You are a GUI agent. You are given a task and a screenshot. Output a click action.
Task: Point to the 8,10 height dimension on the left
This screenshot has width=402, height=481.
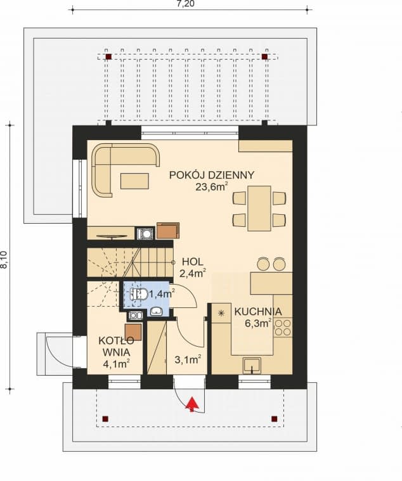click(4, 260)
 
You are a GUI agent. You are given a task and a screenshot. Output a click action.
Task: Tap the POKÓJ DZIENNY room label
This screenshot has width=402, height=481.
click(211, 175)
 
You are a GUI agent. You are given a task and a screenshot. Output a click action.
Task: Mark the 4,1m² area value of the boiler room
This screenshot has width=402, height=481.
click(116, 364)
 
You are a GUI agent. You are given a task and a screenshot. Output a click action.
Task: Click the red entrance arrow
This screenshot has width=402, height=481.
click(191, 404)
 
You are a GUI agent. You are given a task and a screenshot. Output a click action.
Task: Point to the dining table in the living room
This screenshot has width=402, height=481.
click(259, 208)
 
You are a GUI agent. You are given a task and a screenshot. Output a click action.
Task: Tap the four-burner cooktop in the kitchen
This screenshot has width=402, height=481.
click(282, 328)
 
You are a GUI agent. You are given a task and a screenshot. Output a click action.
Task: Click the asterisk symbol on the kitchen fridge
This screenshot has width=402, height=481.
click(221, 313)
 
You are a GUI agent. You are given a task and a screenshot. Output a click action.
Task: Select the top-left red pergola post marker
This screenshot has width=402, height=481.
click(108, 57)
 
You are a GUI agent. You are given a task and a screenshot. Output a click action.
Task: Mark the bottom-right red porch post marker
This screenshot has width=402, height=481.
click(274, 418)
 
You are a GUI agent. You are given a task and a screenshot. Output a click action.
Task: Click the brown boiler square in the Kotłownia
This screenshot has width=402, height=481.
click(133, 331)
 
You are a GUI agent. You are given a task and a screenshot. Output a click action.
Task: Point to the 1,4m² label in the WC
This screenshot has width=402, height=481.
click(164, 293)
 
